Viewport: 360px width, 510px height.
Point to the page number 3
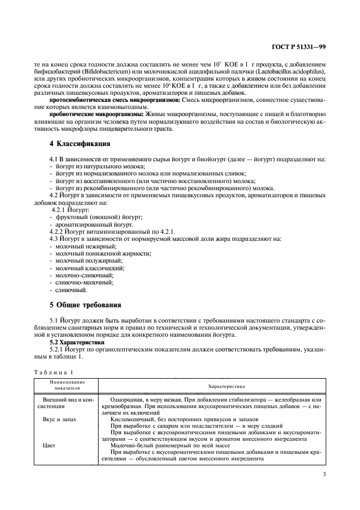[324, 474]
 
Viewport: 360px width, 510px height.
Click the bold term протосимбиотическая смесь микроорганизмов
[111, 100]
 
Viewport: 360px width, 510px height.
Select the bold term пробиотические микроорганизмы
[96, 114]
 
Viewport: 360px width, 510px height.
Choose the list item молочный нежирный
[82, 247]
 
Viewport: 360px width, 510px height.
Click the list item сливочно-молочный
[84, 282]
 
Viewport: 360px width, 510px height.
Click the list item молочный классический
[89, 268]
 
